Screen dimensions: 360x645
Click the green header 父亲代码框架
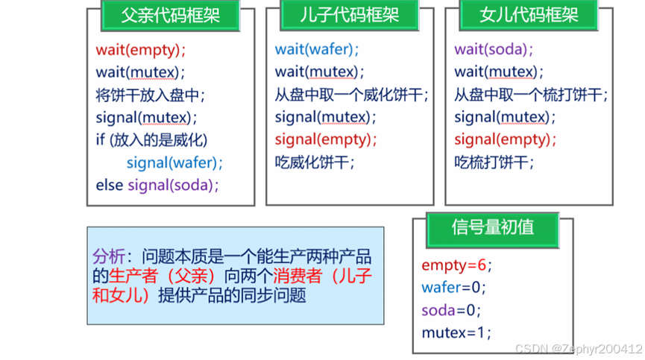coord(171,15)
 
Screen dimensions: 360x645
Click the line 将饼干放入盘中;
coord(150,95)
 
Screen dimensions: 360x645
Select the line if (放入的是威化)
coord(151,139)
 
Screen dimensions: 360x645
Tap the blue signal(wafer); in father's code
coord(174,162)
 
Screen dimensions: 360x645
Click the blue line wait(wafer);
coord(317,50)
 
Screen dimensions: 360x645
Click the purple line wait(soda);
coord(494,50)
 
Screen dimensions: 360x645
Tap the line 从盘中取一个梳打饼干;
coord(531,95)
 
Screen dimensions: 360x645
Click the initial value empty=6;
coord(457,265)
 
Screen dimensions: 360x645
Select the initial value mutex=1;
coord(456,332)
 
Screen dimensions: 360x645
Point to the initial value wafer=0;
coord(453,288)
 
